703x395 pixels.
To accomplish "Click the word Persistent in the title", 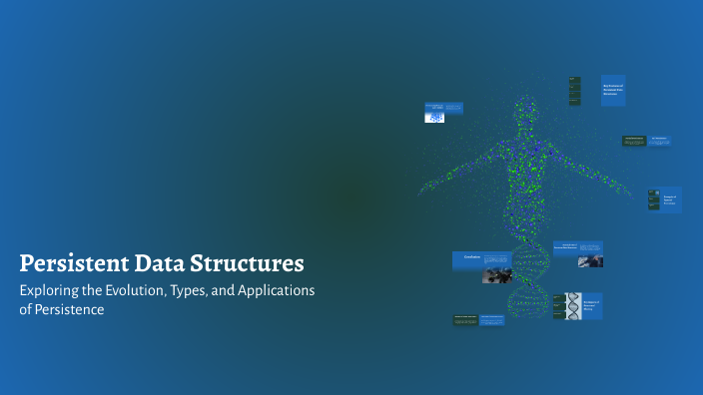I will pos(68,264).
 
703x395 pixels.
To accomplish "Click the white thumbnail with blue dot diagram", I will pos(434,117).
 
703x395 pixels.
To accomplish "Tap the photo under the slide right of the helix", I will pos(590,261).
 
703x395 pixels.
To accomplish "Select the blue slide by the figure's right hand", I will pos(670,199).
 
